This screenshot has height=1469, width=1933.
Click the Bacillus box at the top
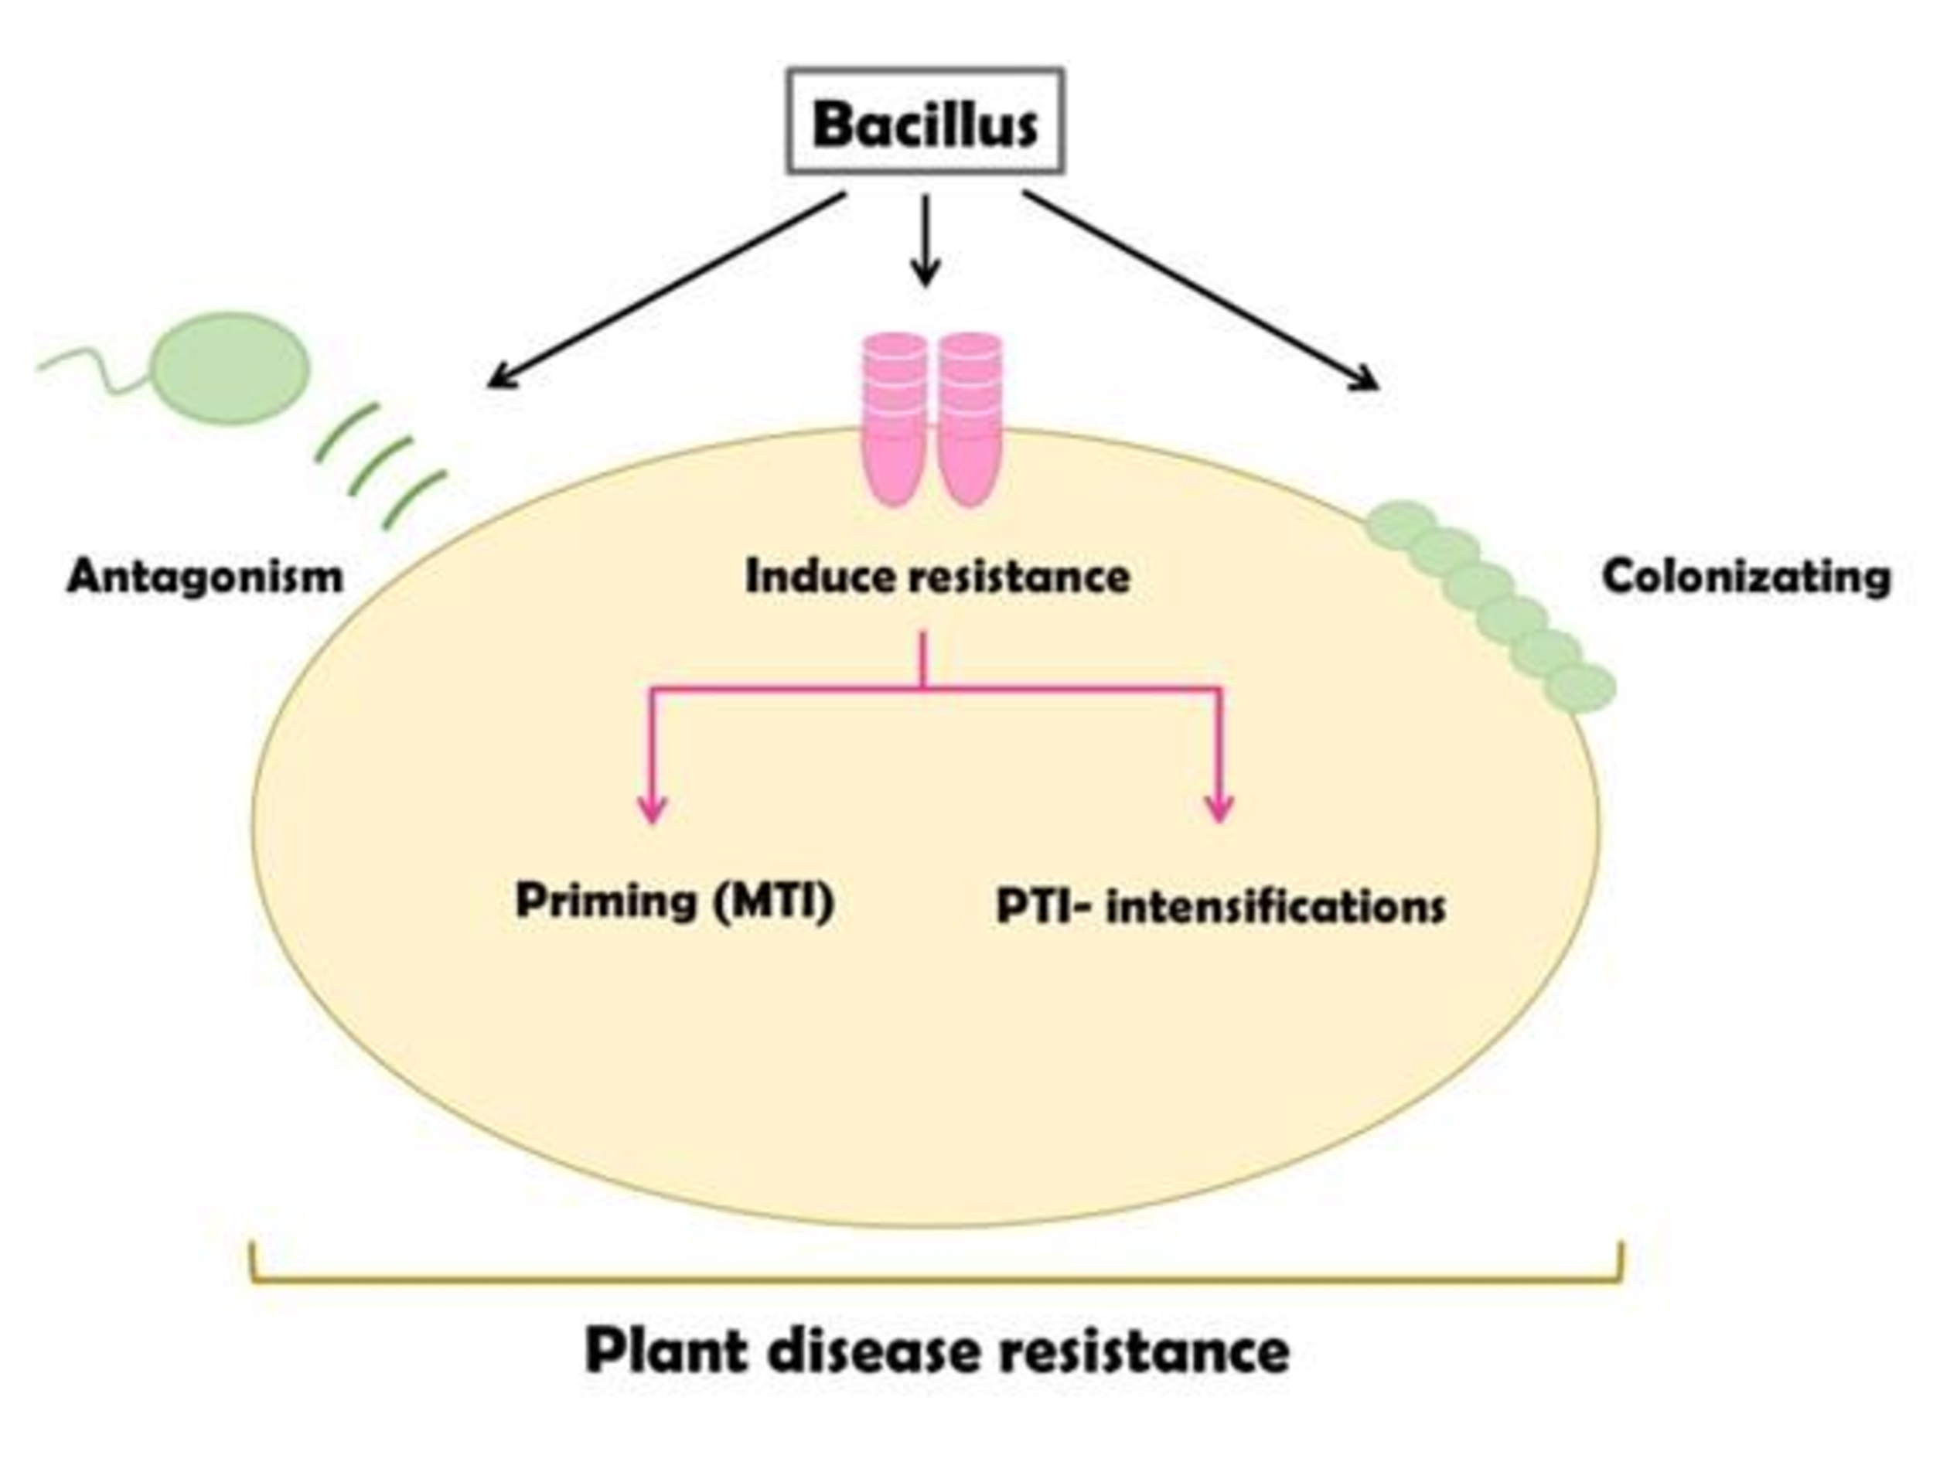925,121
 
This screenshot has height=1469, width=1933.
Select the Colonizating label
1746,577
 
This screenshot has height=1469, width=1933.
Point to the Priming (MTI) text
674,900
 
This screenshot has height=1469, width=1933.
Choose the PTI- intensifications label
1220,906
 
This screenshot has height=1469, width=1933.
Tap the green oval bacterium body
231,367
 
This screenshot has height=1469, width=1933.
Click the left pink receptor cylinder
894,420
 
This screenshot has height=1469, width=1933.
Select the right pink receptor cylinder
970,420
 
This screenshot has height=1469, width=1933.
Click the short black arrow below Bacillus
925,240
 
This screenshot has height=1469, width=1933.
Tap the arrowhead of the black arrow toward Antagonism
499,380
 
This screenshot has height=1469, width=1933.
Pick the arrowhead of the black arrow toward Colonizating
1369,381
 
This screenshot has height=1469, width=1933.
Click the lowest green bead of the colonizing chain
1580,687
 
